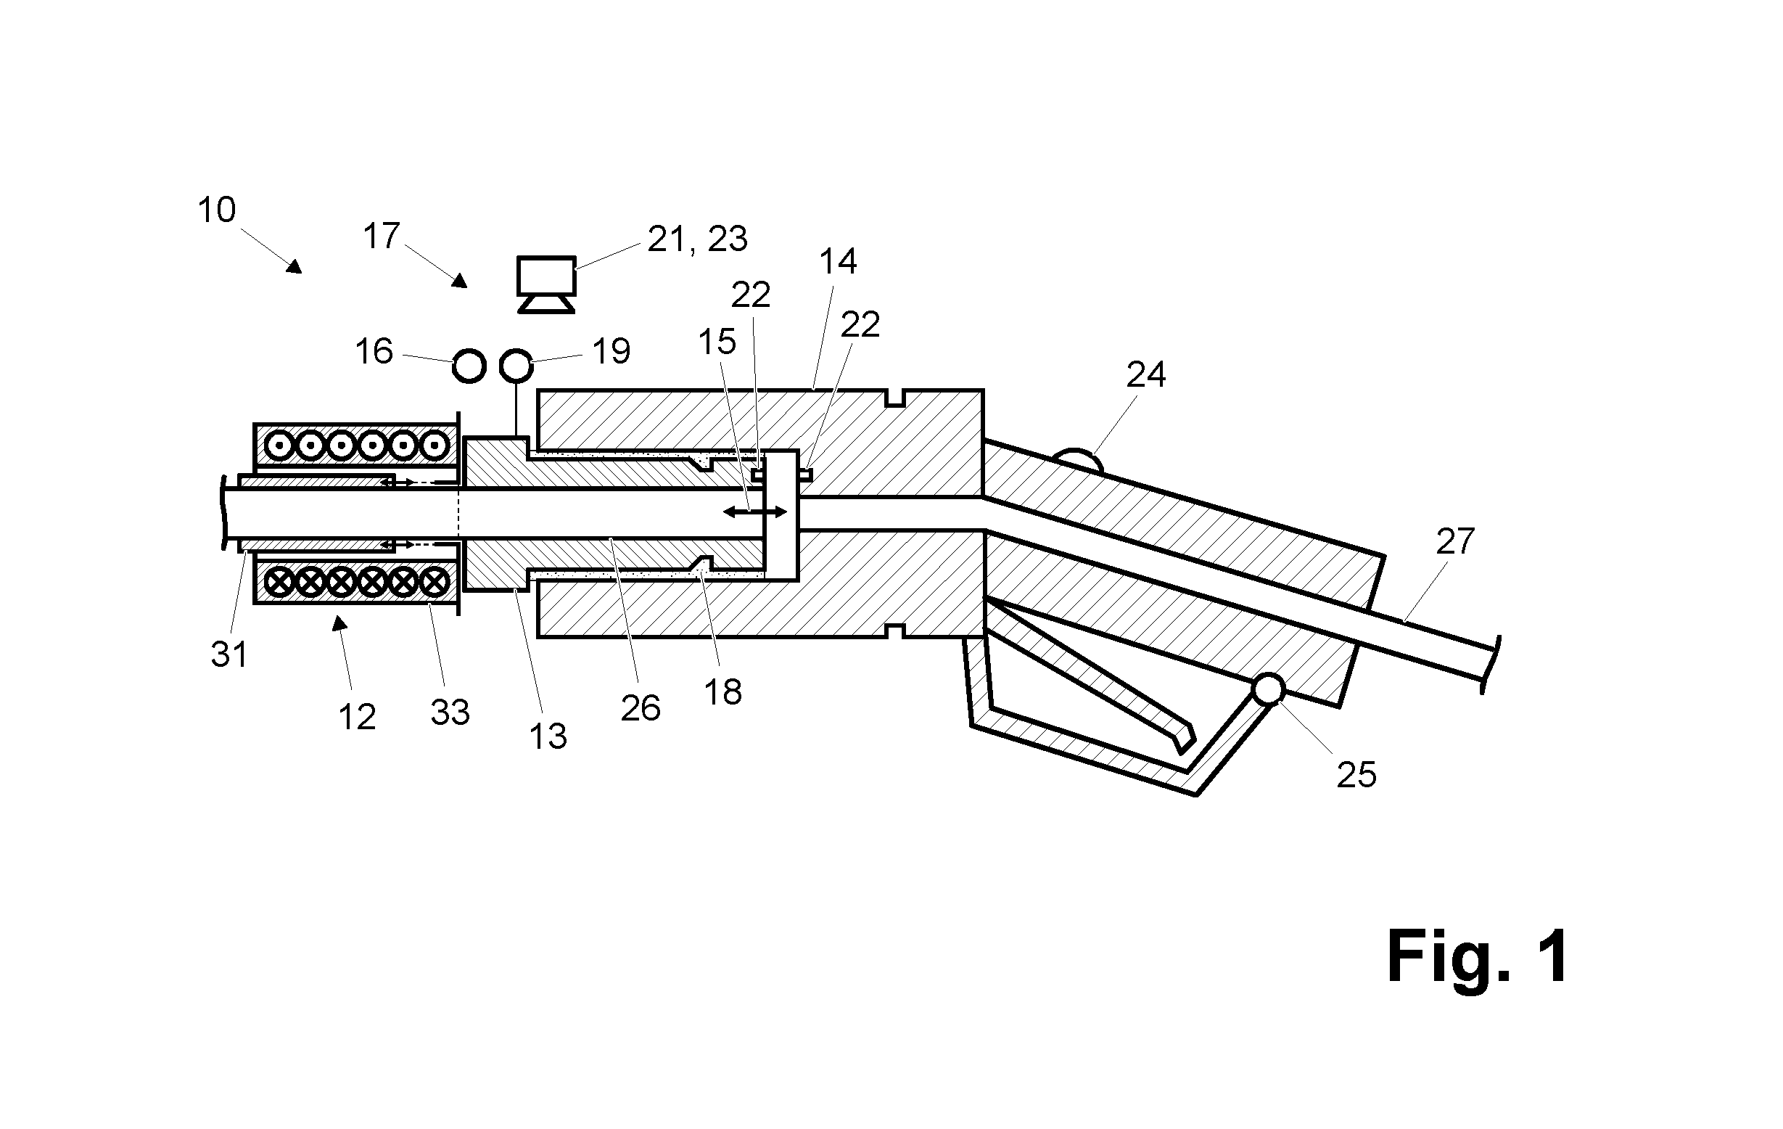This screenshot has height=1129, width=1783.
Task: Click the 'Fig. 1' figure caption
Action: (x=1477, y=957)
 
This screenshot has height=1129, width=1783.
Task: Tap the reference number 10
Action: (x=216, y=210)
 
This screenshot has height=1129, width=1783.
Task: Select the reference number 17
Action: (x=382, y=237)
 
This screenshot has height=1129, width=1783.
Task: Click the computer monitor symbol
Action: (x=546, y=284)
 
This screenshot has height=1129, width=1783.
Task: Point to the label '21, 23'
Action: (x=698, y=239)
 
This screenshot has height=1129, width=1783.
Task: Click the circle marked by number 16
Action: (x=469, y=366)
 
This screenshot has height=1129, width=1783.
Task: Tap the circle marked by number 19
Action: (x=516, y=366)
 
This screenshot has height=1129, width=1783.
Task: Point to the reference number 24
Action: (x=1145, y=376)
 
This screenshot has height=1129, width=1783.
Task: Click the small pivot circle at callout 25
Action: (x=1268, y=689)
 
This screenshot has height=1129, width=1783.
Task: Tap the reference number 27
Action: (x=1455, y=542)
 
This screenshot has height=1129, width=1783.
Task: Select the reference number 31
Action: (x=228, y=655)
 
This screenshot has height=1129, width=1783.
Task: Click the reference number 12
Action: (x=357, y=717)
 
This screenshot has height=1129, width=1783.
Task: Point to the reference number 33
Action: (x=450, y=713)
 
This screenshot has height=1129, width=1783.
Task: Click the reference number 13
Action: (x=548, y=736)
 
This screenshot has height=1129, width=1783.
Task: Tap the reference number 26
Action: (x=641, y=709)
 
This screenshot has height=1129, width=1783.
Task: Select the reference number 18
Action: (x=722, y=693)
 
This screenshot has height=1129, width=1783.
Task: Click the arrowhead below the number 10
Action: (x=295, y=266)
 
